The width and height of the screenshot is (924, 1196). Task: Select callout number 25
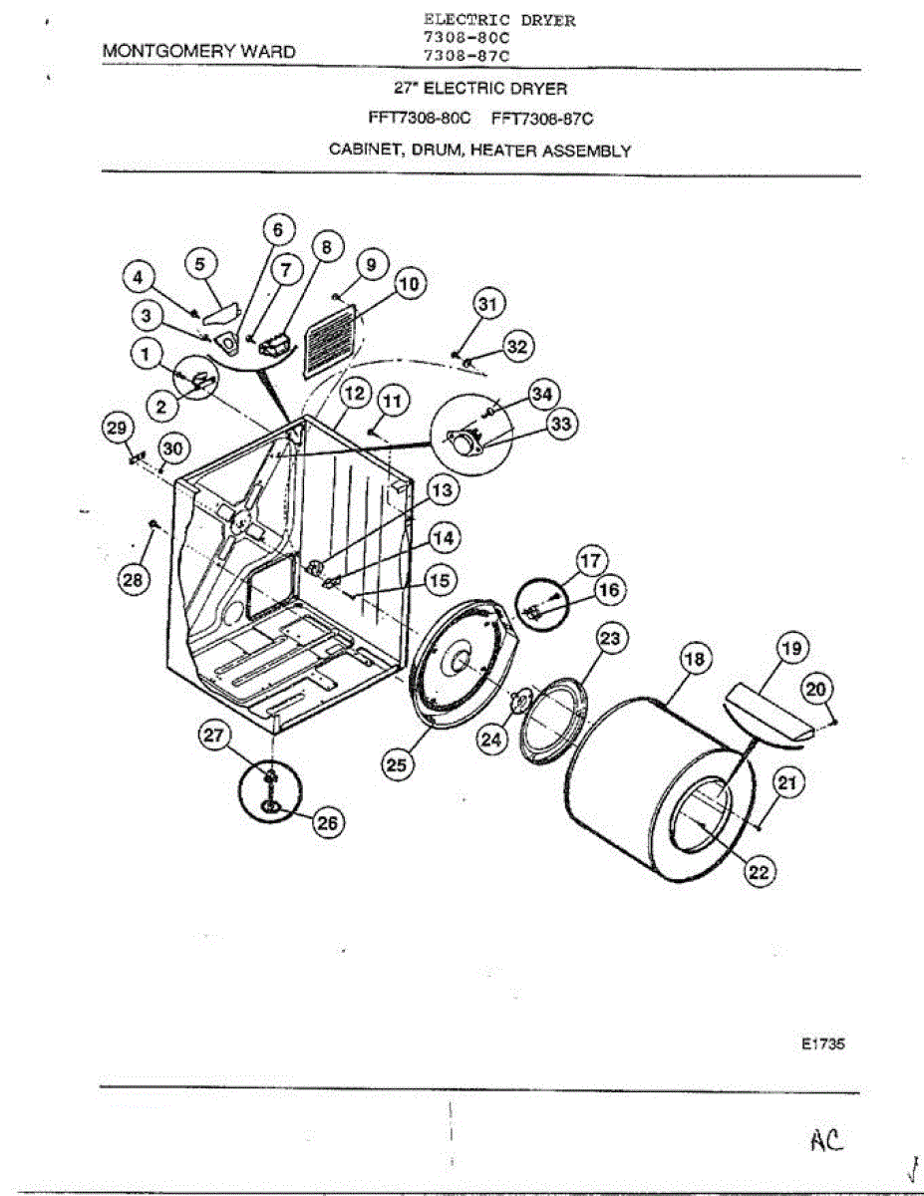[398, 764]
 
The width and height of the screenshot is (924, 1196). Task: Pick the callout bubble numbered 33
[561, 425]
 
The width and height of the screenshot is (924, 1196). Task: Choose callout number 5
[201, 264]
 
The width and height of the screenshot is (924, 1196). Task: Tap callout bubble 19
[791, 650]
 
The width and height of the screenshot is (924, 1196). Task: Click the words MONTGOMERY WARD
[199, 51]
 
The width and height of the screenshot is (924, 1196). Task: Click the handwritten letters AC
[826, 1139]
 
